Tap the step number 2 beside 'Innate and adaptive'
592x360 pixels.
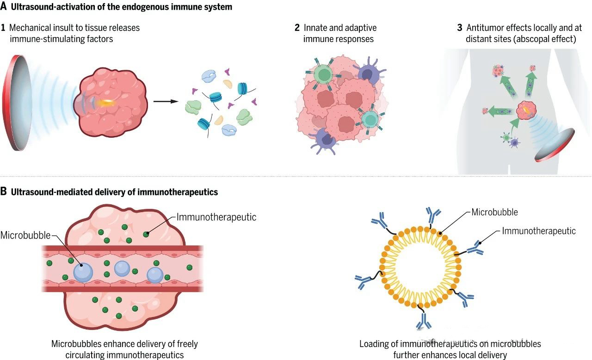pos(297,28)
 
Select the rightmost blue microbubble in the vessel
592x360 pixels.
pos(155,275)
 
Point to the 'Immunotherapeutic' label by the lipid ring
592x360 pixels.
pos(539,231)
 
